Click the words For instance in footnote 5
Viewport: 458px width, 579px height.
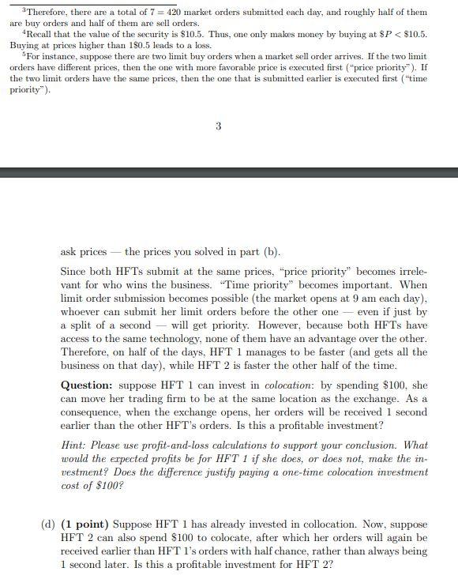pos(46,58)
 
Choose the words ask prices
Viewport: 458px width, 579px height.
pos(83,252)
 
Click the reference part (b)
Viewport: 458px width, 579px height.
pos(261,252)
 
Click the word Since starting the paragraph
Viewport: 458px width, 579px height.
pos(75,272)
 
